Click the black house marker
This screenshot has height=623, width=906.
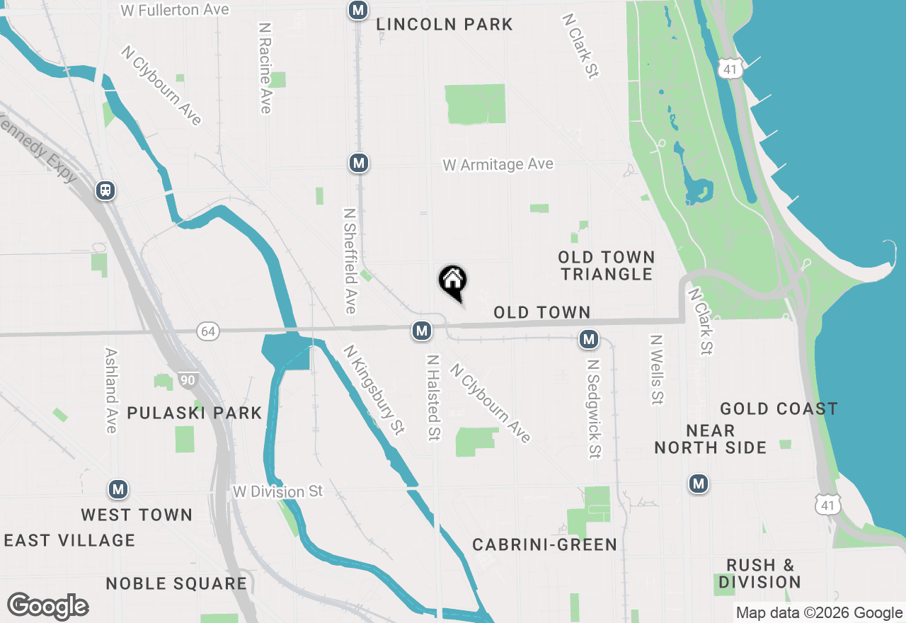pos(453,281)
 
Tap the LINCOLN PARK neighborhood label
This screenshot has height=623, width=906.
pos(445,24)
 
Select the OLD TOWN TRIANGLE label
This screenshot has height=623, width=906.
pos(606,265)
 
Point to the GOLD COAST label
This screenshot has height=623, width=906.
pos(779,408)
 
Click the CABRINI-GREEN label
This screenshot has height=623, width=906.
pos(544,544)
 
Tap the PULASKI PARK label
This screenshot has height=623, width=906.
pos(195,413)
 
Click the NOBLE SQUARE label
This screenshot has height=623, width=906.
pos(176,583)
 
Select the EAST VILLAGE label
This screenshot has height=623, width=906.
pos(69,540)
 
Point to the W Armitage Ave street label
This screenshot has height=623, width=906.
pos(498,164)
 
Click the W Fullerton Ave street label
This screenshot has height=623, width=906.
pos(175,10)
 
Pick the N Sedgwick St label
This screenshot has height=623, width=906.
pos(594,408)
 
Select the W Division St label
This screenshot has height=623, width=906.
pos(278,491)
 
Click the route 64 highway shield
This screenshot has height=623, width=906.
pos(207,331)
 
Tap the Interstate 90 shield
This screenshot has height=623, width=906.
pos(187,381)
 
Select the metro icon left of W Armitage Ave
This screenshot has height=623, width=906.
pos(359,164)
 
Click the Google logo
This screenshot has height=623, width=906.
pos(48,607)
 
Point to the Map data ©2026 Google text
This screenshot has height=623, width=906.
pos(819,613)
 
